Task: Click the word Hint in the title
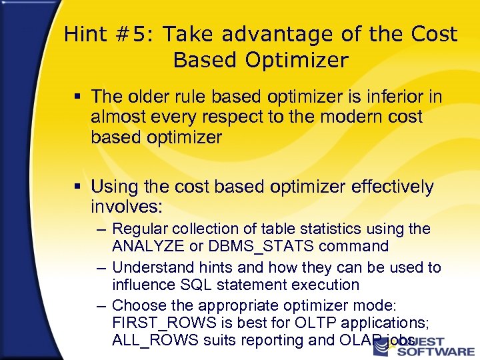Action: click(x=85, y=35)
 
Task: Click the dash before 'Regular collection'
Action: click(x=100, y=229)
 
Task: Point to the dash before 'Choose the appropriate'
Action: click(x=100, y=306)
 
